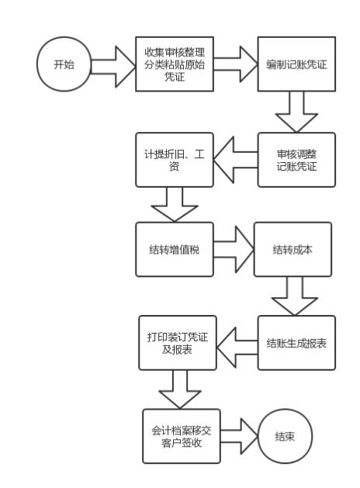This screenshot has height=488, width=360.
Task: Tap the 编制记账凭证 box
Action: (x=298, y=64)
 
